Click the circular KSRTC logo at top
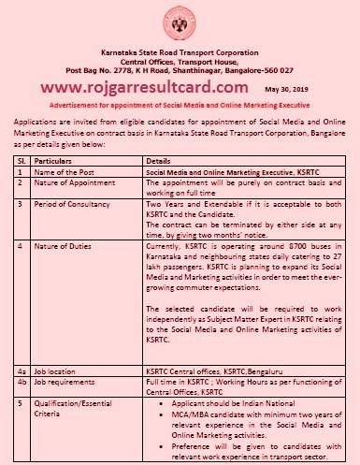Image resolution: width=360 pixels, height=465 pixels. [x=180, y=22]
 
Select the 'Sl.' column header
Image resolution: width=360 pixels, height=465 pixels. [x=16, y=162]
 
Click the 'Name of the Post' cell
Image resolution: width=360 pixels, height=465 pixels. [x=65, y=174]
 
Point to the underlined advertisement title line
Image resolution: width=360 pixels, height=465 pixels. [x=180, y=105]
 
